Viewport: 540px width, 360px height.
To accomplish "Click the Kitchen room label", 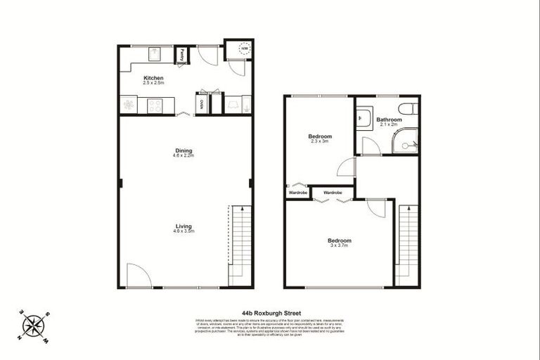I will tap(153, 77).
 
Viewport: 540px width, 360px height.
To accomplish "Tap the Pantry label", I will tap(181, 53).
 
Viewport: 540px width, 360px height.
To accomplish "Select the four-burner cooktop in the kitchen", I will tap(154, 105).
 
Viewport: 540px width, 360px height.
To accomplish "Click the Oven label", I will tap(202, 105).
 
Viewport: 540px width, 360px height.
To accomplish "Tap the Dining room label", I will tap(184, 150).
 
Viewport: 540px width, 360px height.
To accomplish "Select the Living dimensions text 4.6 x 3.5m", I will tap(184, 231).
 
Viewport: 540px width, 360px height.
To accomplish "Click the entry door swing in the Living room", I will tap(139, 276).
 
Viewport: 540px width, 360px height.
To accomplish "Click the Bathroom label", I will tap(389, 120).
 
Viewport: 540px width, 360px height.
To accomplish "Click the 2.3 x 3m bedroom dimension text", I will tap(320, 141).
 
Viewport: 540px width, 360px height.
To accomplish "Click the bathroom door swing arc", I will tap(371, 146).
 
